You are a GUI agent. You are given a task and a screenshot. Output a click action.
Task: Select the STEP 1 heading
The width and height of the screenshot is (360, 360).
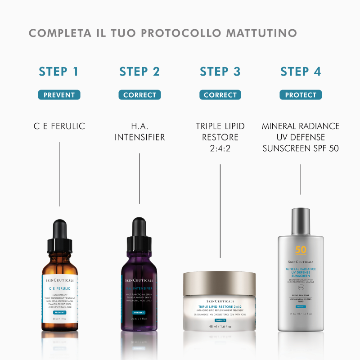pyautogui.click(x=59, y=72)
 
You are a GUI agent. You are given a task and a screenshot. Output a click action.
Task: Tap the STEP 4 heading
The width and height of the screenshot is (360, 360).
pyautogui.click(x=301, y=72)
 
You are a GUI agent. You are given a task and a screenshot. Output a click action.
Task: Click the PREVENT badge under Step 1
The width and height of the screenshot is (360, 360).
pyautogui.click(x=59, y=95)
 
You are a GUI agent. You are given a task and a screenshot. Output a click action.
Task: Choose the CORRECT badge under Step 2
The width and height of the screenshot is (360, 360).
pyautogui.click(x=139, y=95)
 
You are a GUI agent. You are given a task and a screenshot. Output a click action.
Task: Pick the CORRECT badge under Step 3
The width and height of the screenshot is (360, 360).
pyautogui.click(x=220, y=95)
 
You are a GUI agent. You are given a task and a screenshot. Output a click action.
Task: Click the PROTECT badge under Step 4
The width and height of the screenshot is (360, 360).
pyautogui.click(x=301, y=95)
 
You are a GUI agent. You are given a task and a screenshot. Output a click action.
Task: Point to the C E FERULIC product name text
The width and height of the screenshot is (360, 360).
pyautogui.click(x=59, y=126)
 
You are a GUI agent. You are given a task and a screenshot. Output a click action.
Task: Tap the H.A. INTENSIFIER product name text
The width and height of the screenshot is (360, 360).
pyautogui.click(x=139, y=132)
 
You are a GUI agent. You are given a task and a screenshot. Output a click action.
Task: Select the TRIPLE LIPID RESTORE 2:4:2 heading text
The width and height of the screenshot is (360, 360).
pyautogui.click(x=220, y=137)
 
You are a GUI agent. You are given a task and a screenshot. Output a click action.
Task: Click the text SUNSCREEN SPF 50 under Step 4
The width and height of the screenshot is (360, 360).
pyautogui.click(x=301, y=148)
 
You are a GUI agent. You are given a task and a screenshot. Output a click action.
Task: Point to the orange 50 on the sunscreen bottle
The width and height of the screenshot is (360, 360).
pyautogui.click(x=301, y=250)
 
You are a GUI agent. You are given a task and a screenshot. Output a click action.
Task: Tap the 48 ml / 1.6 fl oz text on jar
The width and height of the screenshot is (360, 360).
pyautogui.click(x=220, y=326)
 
